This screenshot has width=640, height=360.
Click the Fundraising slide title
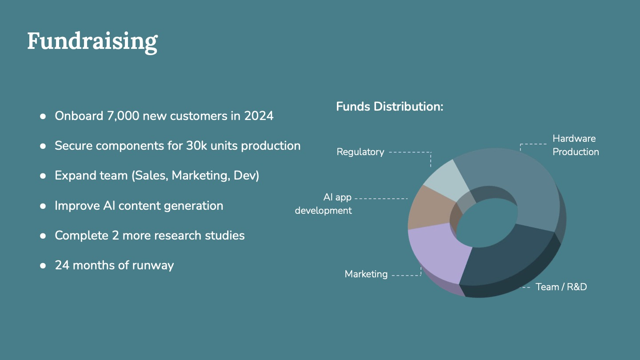[92, 42]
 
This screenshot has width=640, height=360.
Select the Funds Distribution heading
[389, 107]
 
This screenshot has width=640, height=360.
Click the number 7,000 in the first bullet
[123, 116]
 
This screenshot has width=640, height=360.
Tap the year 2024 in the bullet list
[259, 116]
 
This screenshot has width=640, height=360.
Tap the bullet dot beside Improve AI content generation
[43, 206]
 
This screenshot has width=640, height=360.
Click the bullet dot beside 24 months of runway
[43, 266]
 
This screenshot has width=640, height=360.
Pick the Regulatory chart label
[360, 152]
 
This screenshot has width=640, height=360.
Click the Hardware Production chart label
[576, 145]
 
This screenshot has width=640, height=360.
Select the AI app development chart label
[323, 204]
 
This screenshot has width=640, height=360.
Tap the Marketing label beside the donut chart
[366, 274]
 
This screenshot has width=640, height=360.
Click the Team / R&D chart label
[561, 287]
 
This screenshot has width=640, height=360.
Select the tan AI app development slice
[428, 208]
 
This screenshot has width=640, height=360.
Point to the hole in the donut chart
[487, 223]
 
